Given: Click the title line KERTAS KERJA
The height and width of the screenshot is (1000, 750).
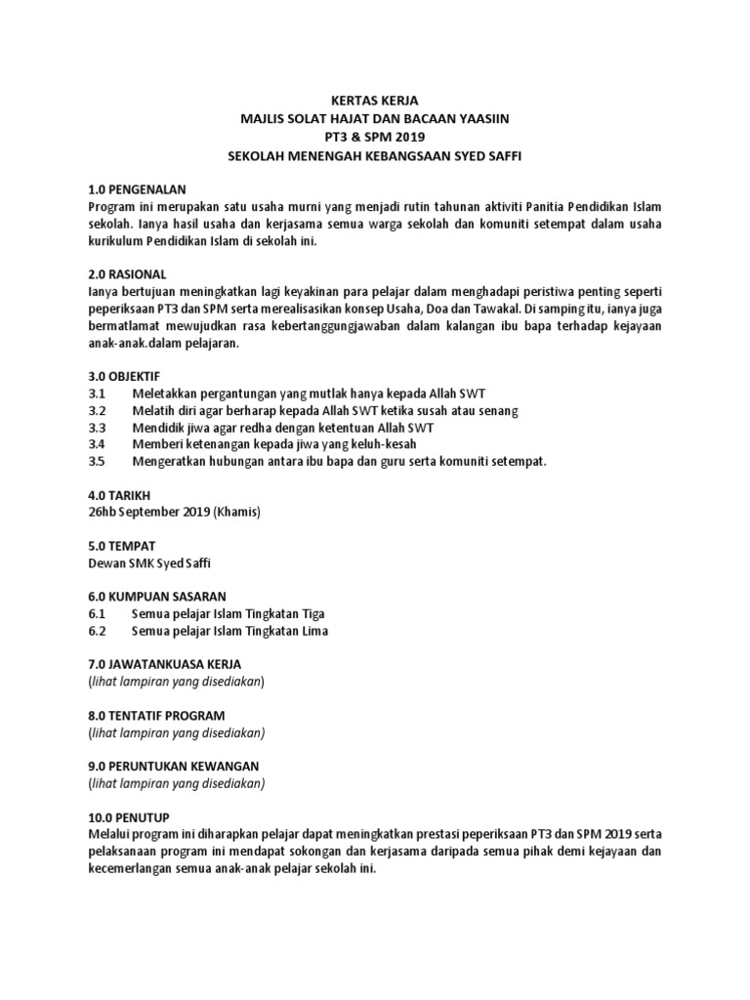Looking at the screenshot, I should coord(375,100).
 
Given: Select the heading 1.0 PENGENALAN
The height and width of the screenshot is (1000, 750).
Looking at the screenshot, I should coord(137,188).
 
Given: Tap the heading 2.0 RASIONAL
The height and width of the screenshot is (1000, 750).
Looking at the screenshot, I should coord(127,273).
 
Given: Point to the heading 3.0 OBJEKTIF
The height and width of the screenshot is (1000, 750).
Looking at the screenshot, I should coord(123,375).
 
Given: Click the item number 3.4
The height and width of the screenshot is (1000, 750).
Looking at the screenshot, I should coord(96,444).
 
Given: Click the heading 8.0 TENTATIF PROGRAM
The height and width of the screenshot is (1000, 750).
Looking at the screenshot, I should coord(156,715).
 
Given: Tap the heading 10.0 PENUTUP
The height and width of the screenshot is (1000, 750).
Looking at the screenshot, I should coord(128,816).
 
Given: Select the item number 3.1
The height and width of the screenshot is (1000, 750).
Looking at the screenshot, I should coord(96,392).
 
